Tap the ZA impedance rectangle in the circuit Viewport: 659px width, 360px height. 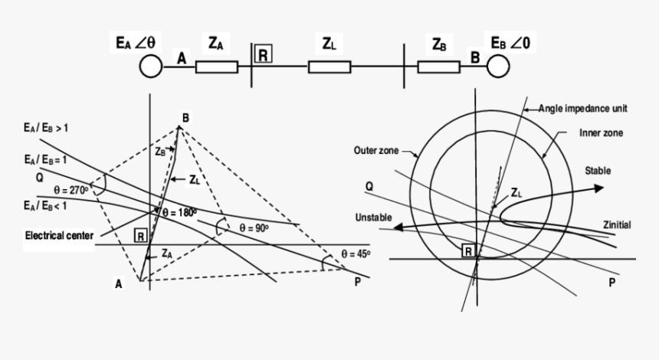216,67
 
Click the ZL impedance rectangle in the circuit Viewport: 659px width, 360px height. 329,67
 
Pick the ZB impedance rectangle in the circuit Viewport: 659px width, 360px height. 439,67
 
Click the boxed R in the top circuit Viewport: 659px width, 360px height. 263,54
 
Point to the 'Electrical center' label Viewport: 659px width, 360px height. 59,235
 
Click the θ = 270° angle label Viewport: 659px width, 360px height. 71,190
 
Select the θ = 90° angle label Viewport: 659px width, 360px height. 254,228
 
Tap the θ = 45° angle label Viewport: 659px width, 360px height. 356,254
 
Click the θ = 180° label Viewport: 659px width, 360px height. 179,213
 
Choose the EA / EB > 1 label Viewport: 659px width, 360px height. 46,128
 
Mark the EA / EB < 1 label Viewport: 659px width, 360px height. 45,206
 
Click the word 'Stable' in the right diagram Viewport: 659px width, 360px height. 598,171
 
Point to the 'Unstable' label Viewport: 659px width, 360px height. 374,218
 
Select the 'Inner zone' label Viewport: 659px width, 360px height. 601,133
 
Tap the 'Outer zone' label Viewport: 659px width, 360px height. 376,150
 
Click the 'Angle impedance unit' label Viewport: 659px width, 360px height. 583,108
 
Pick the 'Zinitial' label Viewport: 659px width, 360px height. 617,224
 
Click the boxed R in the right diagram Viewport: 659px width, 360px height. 468,251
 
